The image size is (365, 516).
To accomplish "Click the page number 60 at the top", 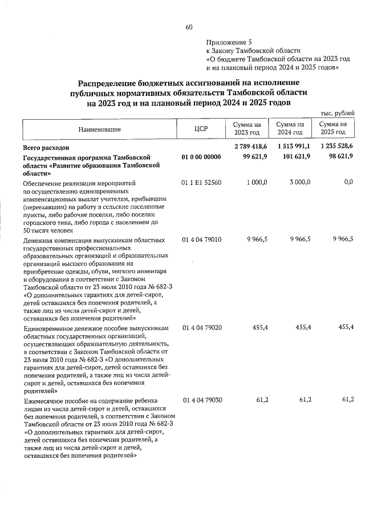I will pos(189,27).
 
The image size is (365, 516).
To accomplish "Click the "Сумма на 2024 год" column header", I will pos(290,129).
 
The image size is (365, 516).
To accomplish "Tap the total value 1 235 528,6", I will pos(336,147).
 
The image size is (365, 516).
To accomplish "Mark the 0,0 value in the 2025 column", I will pos(348,182).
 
